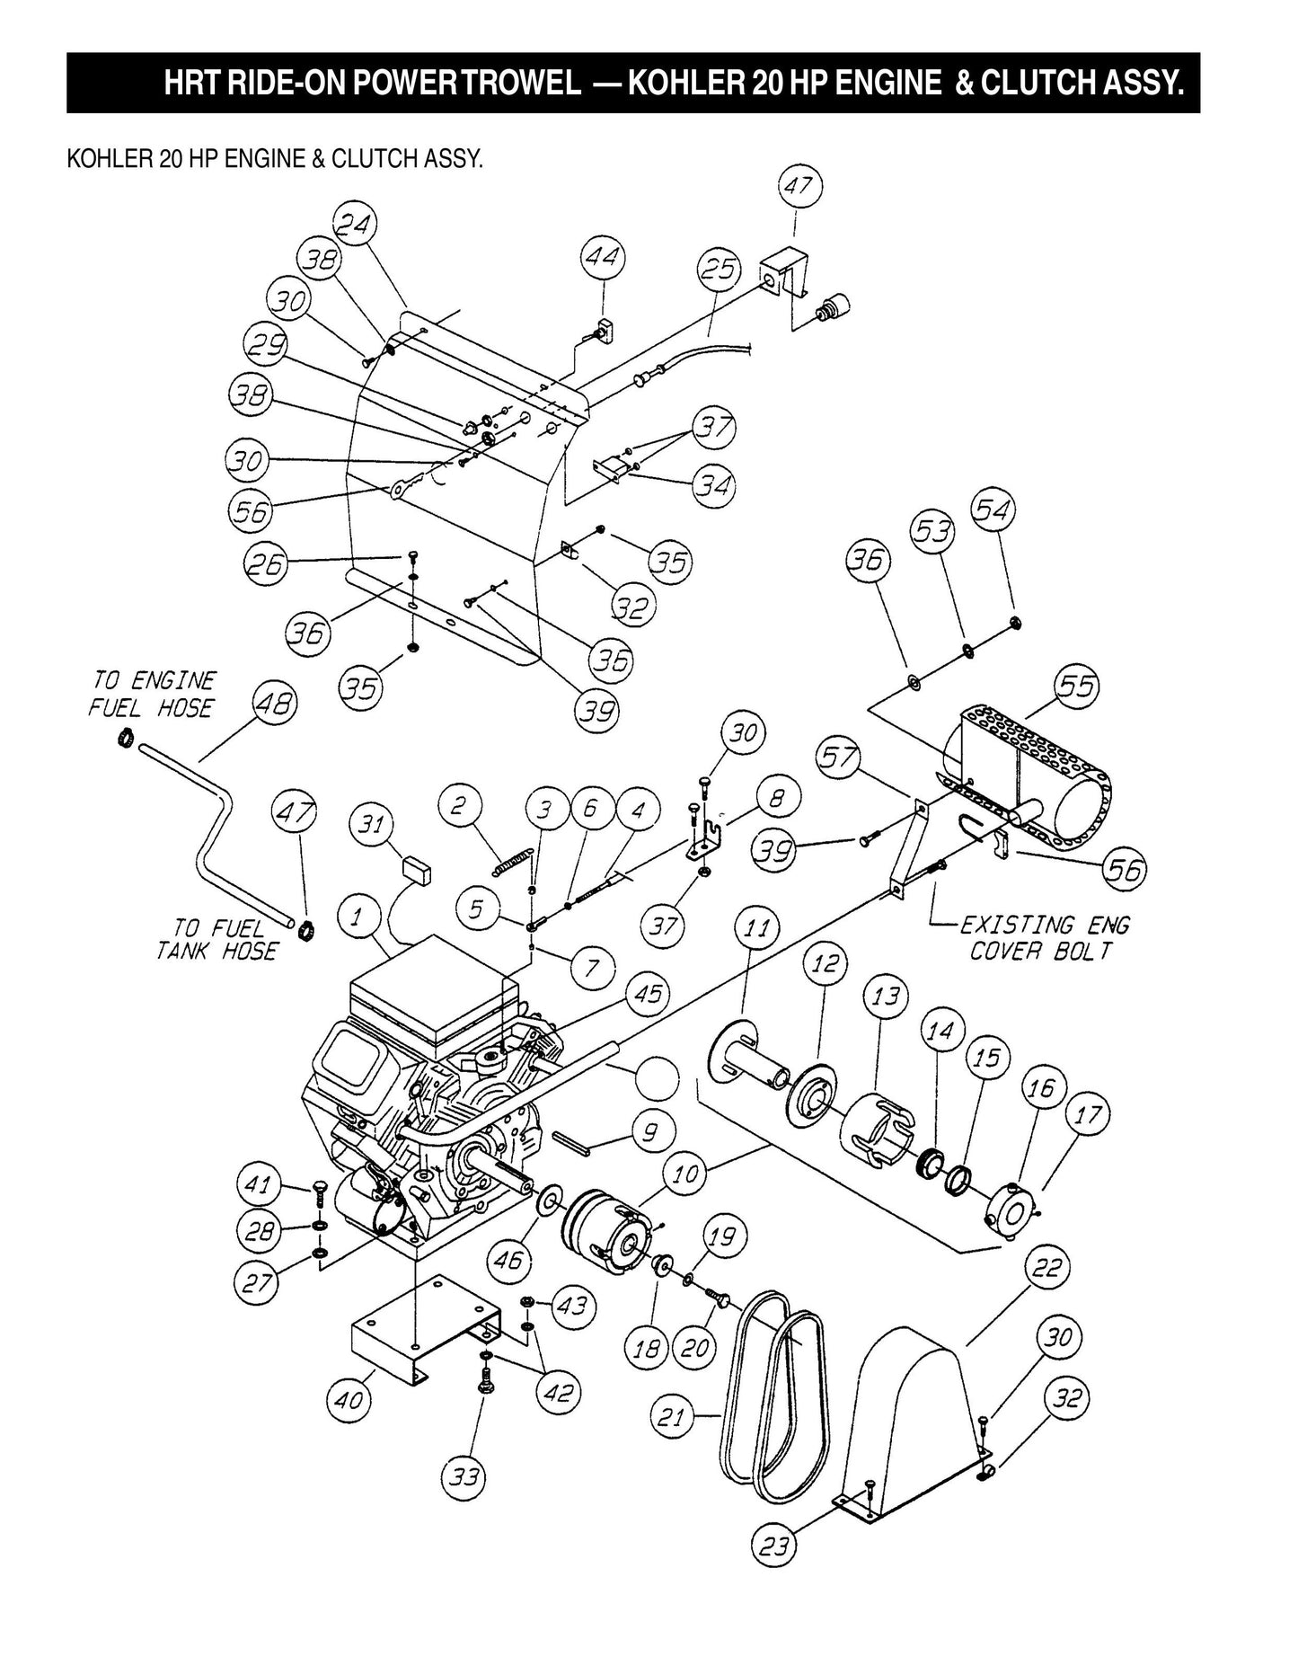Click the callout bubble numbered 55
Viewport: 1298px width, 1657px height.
tap(1077, 687)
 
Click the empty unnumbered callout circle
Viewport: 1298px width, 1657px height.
tap(662, 1077)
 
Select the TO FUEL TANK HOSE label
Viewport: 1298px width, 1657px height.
tap(216, 940)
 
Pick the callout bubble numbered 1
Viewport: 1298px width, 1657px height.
tap(358, 917)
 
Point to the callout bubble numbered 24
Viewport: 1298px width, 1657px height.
tap(355, 226)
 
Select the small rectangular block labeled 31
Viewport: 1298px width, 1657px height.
tap(415, 867)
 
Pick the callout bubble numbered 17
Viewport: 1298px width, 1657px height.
tap(1087, 1115)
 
